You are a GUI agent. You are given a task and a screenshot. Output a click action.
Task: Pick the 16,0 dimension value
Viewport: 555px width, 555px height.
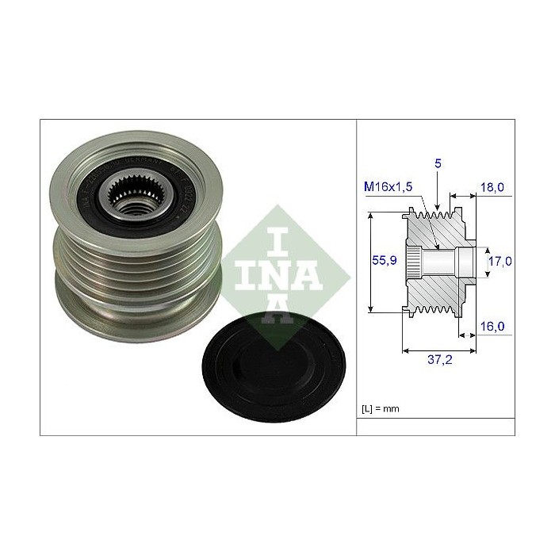(x=492, y=326)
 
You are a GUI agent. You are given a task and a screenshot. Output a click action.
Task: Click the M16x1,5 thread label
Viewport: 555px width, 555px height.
(x=387, y=187)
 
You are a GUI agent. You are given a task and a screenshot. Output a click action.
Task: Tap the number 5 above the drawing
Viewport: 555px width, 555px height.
(x=438, y=163)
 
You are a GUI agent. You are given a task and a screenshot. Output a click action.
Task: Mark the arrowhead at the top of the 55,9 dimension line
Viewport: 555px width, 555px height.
(x=373, y=216)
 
